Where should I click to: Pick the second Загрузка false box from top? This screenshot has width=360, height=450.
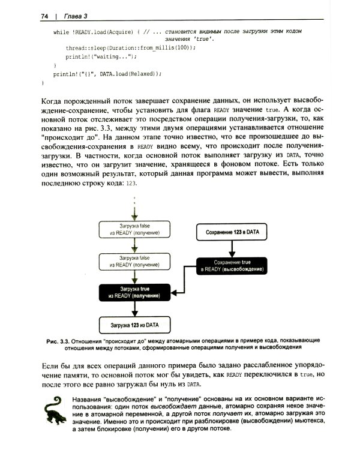coord(130,261)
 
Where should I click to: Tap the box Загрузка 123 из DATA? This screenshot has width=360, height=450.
coord(130,325)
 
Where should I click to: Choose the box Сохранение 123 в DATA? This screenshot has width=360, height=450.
coord(231,231)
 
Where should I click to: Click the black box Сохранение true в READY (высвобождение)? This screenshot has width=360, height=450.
coord(231,265)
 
